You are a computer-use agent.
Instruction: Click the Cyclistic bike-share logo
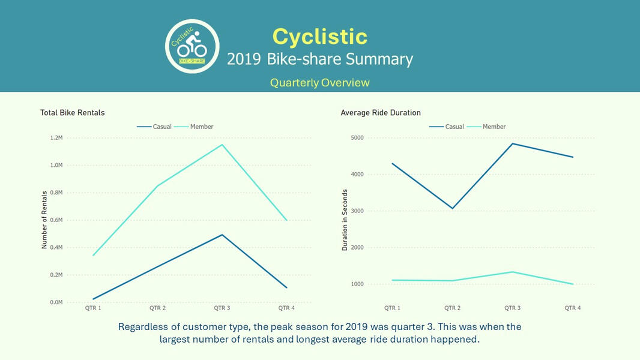coord(192,46)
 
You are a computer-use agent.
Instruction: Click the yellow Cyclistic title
coord(319,36)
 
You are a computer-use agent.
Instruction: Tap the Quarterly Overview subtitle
coord(319,82)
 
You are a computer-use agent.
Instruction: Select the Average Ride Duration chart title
coord(381,113)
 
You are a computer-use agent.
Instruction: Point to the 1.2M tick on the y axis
coord(56,138)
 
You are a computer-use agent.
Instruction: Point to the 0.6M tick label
coord(56,220)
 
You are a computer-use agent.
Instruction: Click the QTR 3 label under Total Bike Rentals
coord(222,308)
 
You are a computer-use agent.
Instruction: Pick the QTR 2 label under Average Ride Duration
coord(453,308)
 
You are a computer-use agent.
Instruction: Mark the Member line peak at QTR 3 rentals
coord(222,145)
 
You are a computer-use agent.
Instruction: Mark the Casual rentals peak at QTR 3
coord(222,235)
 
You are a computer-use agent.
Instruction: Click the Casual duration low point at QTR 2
coord(453,208)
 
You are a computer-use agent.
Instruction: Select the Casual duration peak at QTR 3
coord(513,143)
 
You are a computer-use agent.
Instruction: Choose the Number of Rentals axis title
coord(44,220)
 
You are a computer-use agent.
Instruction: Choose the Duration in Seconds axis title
coord(345,220)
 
